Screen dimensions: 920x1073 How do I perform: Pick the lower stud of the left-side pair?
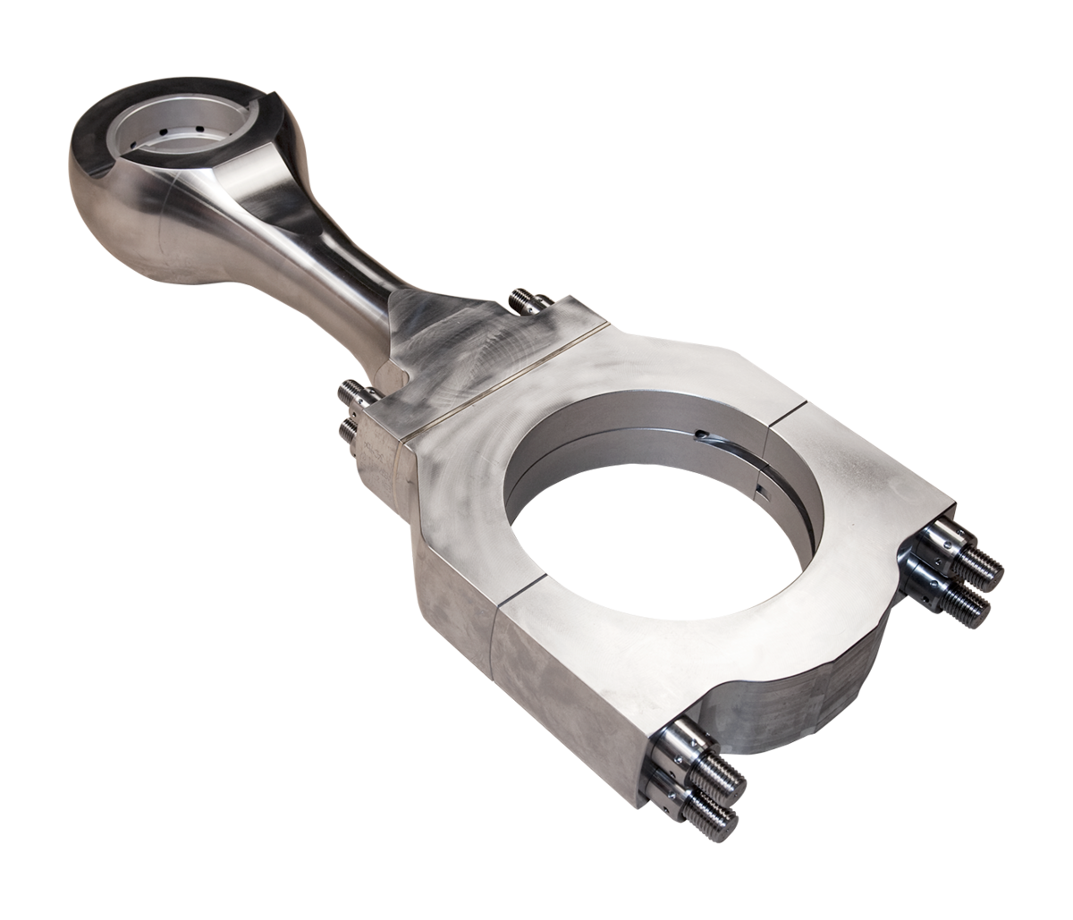coord(346,427)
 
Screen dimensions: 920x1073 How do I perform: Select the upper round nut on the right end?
coord(939,541)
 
